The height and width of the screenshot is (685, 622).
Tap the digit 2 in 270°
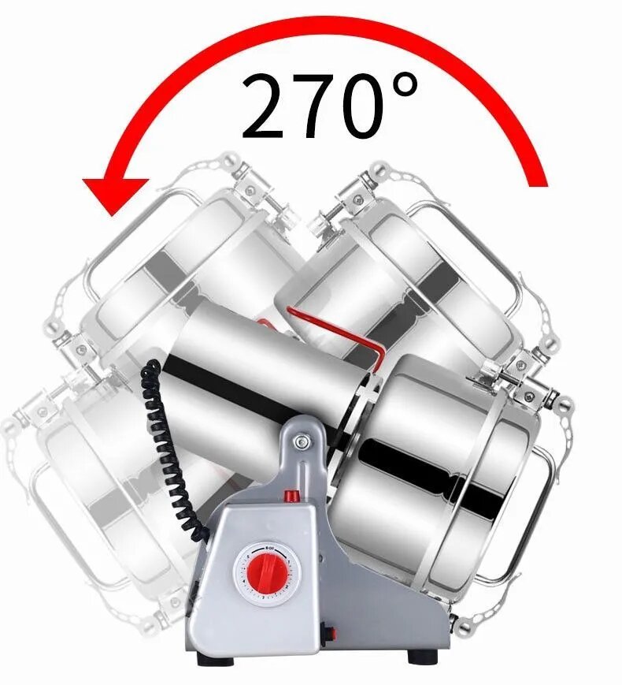[x=267, y=106]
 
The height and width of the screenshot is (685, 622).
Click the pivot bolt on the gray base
[x=300, y=442]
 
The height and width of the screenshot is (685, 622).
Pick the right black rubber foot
[x=423, y=655]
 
